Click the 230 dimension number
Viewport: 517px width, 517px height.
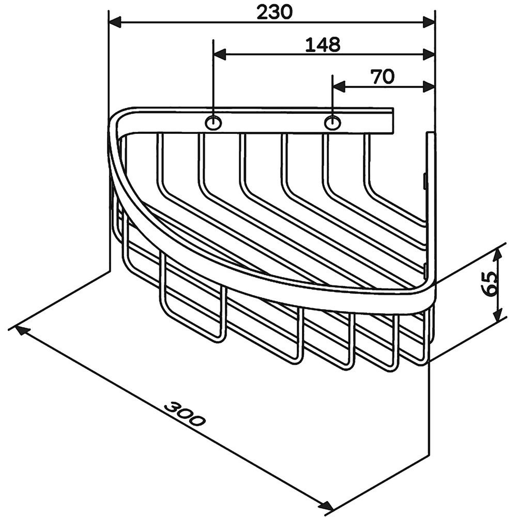tap(275, 13)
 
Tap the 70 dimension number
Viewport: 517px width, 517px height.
tap(383, 77)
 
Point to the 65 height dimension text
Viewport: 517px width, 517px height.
tap(489, 284)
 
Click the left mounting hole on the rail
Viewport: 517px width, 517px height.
tap(214, 123)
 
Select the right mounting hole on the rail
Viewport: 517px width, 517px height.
tap(332, 123)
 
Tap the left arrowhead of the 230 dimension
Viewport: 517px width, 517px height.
tap(115, 23)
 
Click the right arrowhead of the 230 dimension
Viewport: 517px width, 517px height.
tap(429, 23)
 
